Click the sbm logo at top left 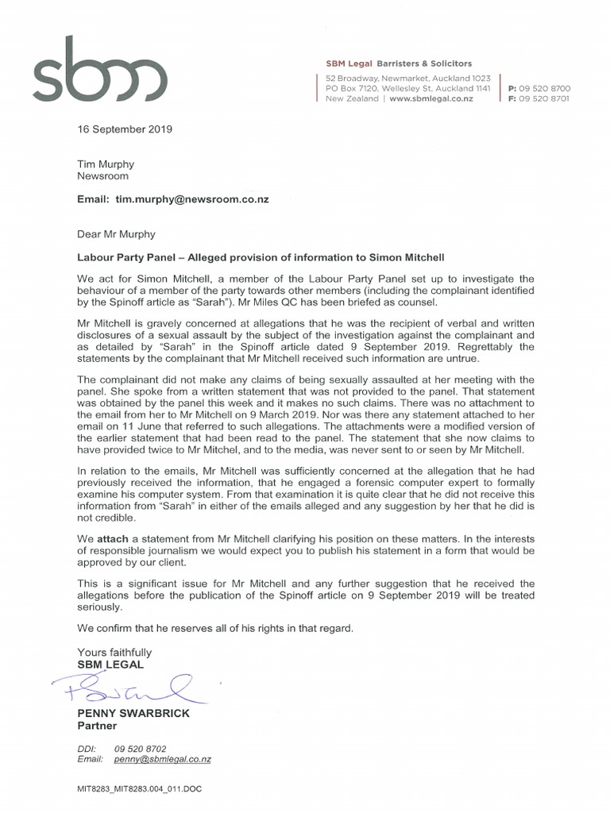click(x=98, y=74)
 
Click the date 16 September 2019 click(x=124, y=129)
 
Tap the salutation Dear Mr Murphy click(x=116, y=234)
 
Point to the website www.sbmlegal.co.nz click(x=432, y=98)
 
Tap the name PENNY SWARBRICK click(x=133, y=713)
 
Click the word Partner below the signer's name click(x=97, y=726)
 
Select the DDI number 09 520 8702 click(x=141, y=748)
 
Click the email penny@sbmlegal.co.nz click(x=163, y=759)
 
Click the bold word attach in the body click(x=112, y=538)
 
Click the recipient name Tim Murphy click(x=105, y=164)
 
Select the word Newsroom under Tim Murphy click(x=102, y=176)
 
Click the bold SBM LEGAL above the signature click(x=110, y=664)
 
